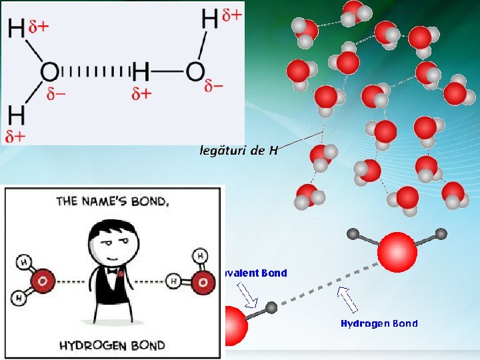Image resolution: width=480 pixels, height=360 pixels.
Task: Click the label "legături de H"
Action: click(239, 150)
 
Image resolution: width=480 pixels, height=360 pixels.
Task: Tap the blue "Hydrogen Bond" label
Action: click(379, 324)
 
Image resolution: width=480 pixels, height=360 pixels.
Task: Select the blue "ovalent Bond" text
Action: click(257, 273)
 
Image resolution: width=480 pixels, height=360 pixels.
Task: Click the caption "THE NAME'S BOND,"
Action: click(113, 200)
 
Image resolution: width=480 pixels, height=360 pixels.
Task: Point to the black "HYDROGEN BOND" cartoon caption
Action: click(112, 345)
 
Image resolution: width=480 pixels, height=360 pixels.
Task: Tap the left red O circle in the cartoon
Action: click(43, 281)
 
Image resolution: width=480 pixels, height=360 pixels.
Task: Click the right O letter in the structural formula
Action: click(195, 71)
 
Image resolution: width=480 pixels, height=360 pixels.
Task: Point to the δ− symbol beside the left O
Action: click(57, 94)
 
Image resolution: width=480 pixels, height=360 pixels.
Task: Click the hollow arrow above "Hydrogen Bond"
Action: click(347, 299)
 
